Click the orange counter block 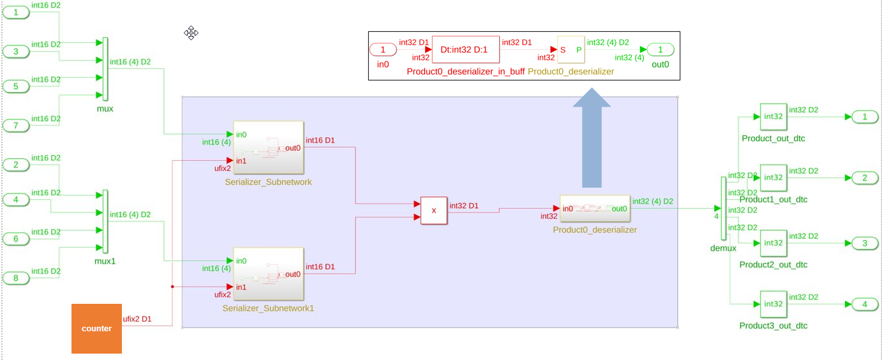tap(96, 328)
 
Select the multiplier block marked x tap(434, 211)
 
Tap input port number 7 tap(16, 125)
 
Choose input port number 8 tap(16, 278)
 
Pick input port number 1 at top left tap(16, 11)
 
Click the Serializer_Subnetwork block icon tap(268, 147)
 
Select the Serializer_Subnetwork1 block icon tap(268, 274)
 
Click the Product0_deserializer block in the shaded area tap(595, 209)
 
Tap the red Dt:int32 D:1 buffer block tap(465, 49)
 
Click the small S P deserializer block tap(571, 49)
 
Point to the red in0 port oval tap(383, 50)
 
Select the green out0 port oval tap(661, 50)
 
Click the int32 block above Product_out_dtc tap(773, 117)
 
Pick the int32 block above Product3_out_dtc tap(773, 304)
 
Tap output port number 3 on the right tap(865, 243)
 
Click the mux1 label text tap(105, 261)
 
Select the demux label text tap(723, 248)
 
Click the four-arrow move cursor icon tap(191, 33)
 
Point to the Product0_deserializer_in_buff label tap(465, 71)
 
